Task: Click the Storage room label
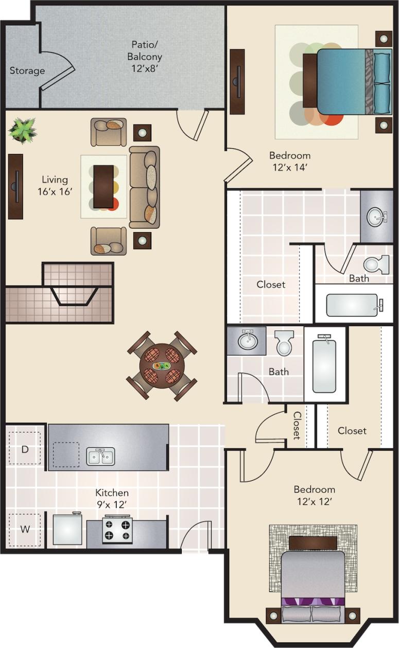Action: (27, 71)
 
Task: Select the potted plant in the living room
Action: (23, 129)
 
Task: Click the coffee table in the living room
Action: (103, 186)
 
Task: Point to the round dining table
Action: (162, 365)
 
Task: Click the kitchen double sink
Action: (100, 457)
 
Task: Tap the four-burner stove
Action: (117, 530)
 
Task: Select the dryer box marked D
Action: (24, 449)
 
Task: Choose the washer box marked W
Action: (24, 529)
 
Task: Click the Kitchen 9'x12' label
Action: (112, 498)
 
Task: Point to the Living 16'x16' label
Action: (55, 185)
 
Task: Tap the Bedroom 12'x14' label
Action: (290, 161)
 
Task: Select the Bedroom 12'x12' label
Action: (314, 495)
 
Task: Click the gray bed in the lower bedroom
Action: (313, 575)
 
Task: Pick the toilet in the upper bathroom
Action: (376, 265)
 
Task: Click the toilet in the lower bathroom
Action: (284, 343)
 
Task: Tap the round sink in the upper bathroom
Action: (376, 217)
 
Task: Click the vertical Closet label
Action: (297, 425)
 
